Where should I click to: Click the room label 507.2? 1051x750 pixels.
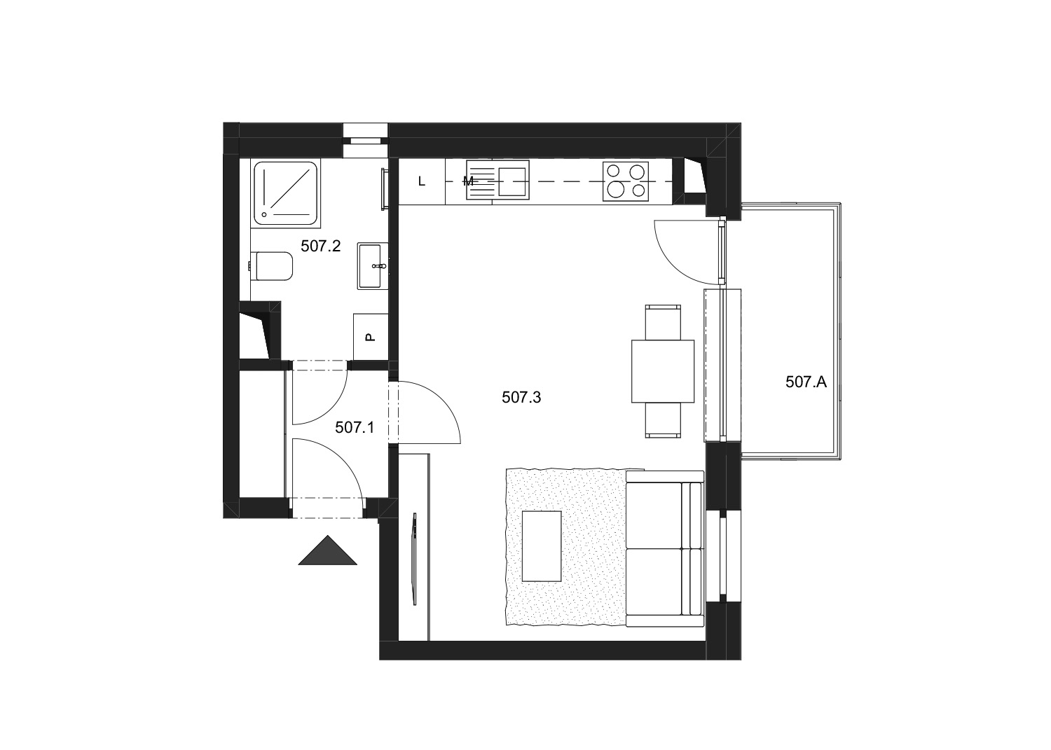tap(320, 246)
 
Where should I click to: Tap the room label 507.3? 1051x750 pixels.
tap(521, 398)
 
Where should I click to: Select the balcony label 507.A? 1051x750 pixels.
tap(806, 382)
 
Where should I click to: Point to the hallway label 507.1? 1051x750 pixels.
tap(355, 427)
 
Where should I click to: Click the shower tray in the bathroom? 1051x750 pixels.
tap(286, 193)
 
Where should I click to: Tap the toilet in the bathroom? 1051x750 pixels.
tap(271, 266)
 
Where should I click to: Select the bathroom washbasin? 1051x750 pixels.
tap(373, 266)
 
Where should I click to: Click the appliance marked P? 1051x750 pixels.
tap(371, 337)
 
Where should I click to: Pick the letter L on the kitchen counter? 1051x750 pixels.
tap(422, 181)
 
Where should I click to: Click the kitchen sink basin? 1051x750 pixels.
tap(511, 181)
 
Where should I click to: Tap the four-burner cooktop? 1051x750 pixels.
tap(626, 181)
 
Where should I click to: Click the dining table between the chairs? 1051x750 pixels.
tap(663, 371)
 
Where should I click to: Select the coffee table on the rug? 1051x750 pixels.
tap(542, 546)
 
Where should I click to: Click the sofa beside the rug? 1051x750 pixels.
tap(665, 549)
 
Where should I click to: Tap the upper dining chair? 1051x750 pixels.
tap(663, 323)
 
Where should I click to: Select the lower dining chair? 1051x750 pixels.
tap(663, 420)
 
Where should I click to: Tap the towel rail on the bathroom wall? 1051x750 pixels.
tap(384, 188)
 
